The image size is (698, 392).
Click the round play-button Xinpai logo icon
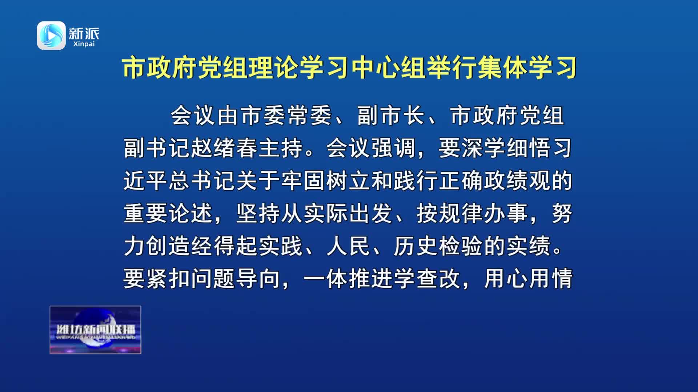[x=51, y=35]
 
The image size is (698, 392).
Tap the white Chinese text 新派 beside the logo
[x=84, y=33]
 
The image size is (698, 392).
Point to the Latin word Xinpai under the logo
[x=84, y=44]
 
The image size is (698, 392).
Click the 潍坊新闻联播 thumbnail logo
[x=95, y=330]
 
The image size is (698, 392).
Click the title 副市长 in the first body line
[x=391, y=116]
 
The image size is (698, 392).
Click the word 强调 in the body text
[x=393, y=148]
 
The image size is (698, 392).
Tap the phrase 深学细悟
[x=506, y=148]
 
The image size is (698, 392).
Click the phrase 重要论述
[x=168, y=213]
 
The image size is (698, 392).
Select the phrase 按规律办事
[x=472, y=213]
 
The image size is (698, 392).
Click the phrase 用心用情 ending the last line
[x=529, y=279]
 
